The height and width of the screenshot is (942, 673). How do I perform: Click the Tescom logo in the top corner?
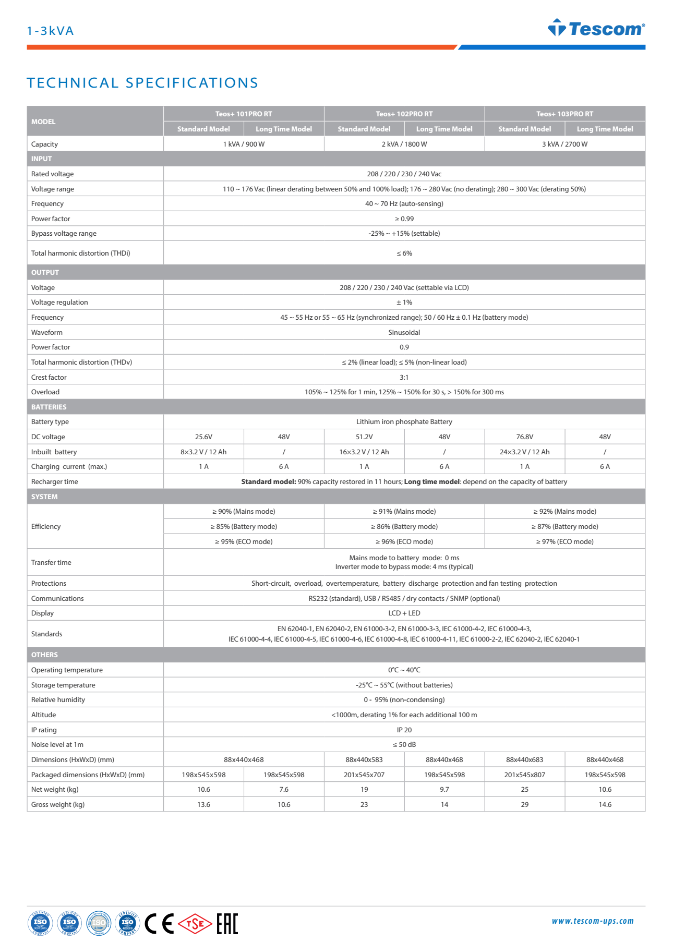596,28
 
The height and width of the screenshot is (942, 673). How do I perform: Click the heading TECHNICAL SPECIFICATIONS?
142,83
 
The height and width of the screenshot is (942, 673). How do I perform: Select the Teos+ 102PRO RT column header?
404,114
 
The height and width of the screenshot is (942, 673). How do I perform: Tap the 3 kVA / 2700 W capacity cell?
564,144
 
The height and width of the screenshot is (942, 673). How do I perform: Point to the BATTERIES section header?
49,407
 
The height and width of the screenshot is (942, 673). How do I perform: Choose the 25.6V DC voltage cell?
203,437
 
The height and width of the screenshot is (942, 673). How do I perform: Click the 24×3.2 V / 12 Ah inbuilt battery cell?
524,452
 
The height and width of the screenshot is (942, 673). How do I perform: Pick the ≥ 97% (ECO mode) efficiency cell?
564,541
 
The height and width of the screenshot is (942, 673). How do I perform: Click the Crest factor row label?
49,377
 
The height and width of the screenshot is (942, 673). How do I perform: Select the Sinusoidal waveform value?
404,332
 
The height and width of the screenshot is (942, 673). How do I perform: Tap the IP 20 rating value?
404,730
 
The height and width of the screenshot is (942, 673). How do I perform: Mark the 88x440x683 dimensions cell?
524,759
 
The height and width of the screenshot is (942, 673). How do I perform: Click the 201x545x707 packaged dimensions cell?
364,775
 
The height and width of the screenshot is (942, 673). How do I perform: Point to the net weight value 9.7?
444,789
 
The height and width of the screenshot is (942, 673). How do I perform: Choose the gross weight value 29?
524,804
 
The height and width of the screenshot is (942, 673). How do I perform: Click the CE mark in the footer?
159,924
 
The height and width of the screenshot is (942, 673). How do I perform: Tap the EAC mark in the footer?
227,924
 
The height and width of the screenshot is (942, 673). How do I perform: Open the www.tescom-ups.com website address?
592,921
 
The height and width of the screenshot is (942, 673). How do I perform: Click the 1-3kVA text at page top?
50,31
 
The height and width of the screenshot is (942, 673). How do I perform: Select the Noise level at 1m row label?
57,744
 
